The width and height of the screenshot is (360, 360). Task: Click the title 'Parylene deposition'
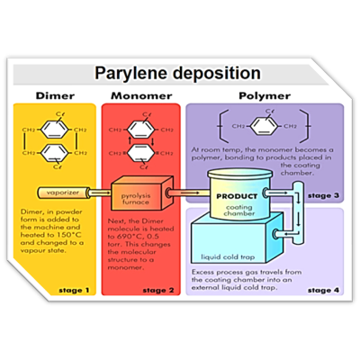(180, 73)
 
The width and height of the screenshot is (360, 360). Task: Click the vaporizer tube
(67, 193)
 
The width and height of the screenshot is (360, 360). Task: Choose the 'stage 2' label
(159, 290)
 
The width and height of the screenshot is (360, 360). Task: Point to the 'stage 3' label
(323, 194)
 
